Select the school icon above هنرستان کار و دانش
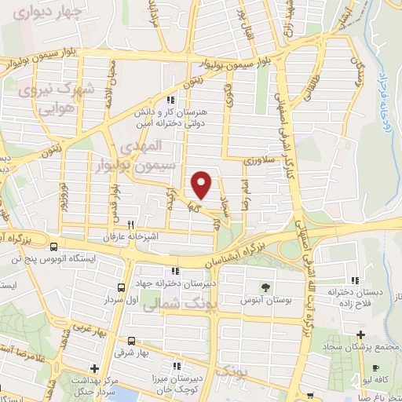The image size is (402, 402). tap(171, 99)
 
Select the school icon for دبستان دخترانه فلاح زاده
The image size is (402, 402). tap(356, 280)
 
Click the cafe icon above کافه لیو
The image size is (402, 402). tap(376, 368)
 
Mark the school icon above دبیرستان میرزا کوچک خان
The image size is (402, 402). tap(177, 365)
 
